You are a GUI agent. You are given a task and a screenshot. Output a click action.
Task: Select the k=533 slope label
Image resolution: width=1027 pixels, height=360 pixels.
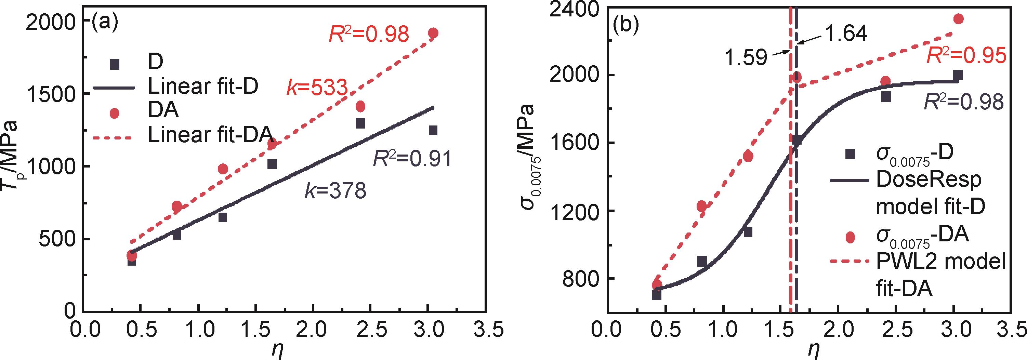click(317, 87)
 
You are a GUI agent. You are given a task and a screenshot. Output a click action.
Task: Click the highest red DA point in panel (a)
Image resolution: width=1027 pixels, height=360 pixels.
click(433, 33)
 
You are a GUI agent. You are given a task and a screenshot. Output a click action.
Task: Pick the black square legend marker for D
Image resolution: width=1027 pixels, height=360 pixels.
click(115, 65)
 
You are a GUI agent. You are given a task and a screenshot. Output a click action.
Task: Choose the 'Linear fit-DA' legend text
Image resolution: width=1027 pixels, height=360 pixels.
click(210, 135)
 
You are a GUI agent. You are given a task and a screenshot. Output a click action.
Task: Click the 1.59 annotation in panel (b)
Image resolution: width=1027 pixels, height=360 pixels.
click(746, 58)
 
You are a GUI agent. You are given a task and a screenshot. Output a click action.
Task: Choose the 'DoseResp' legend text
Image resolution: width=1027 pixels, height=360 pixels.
click(929, 181)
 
